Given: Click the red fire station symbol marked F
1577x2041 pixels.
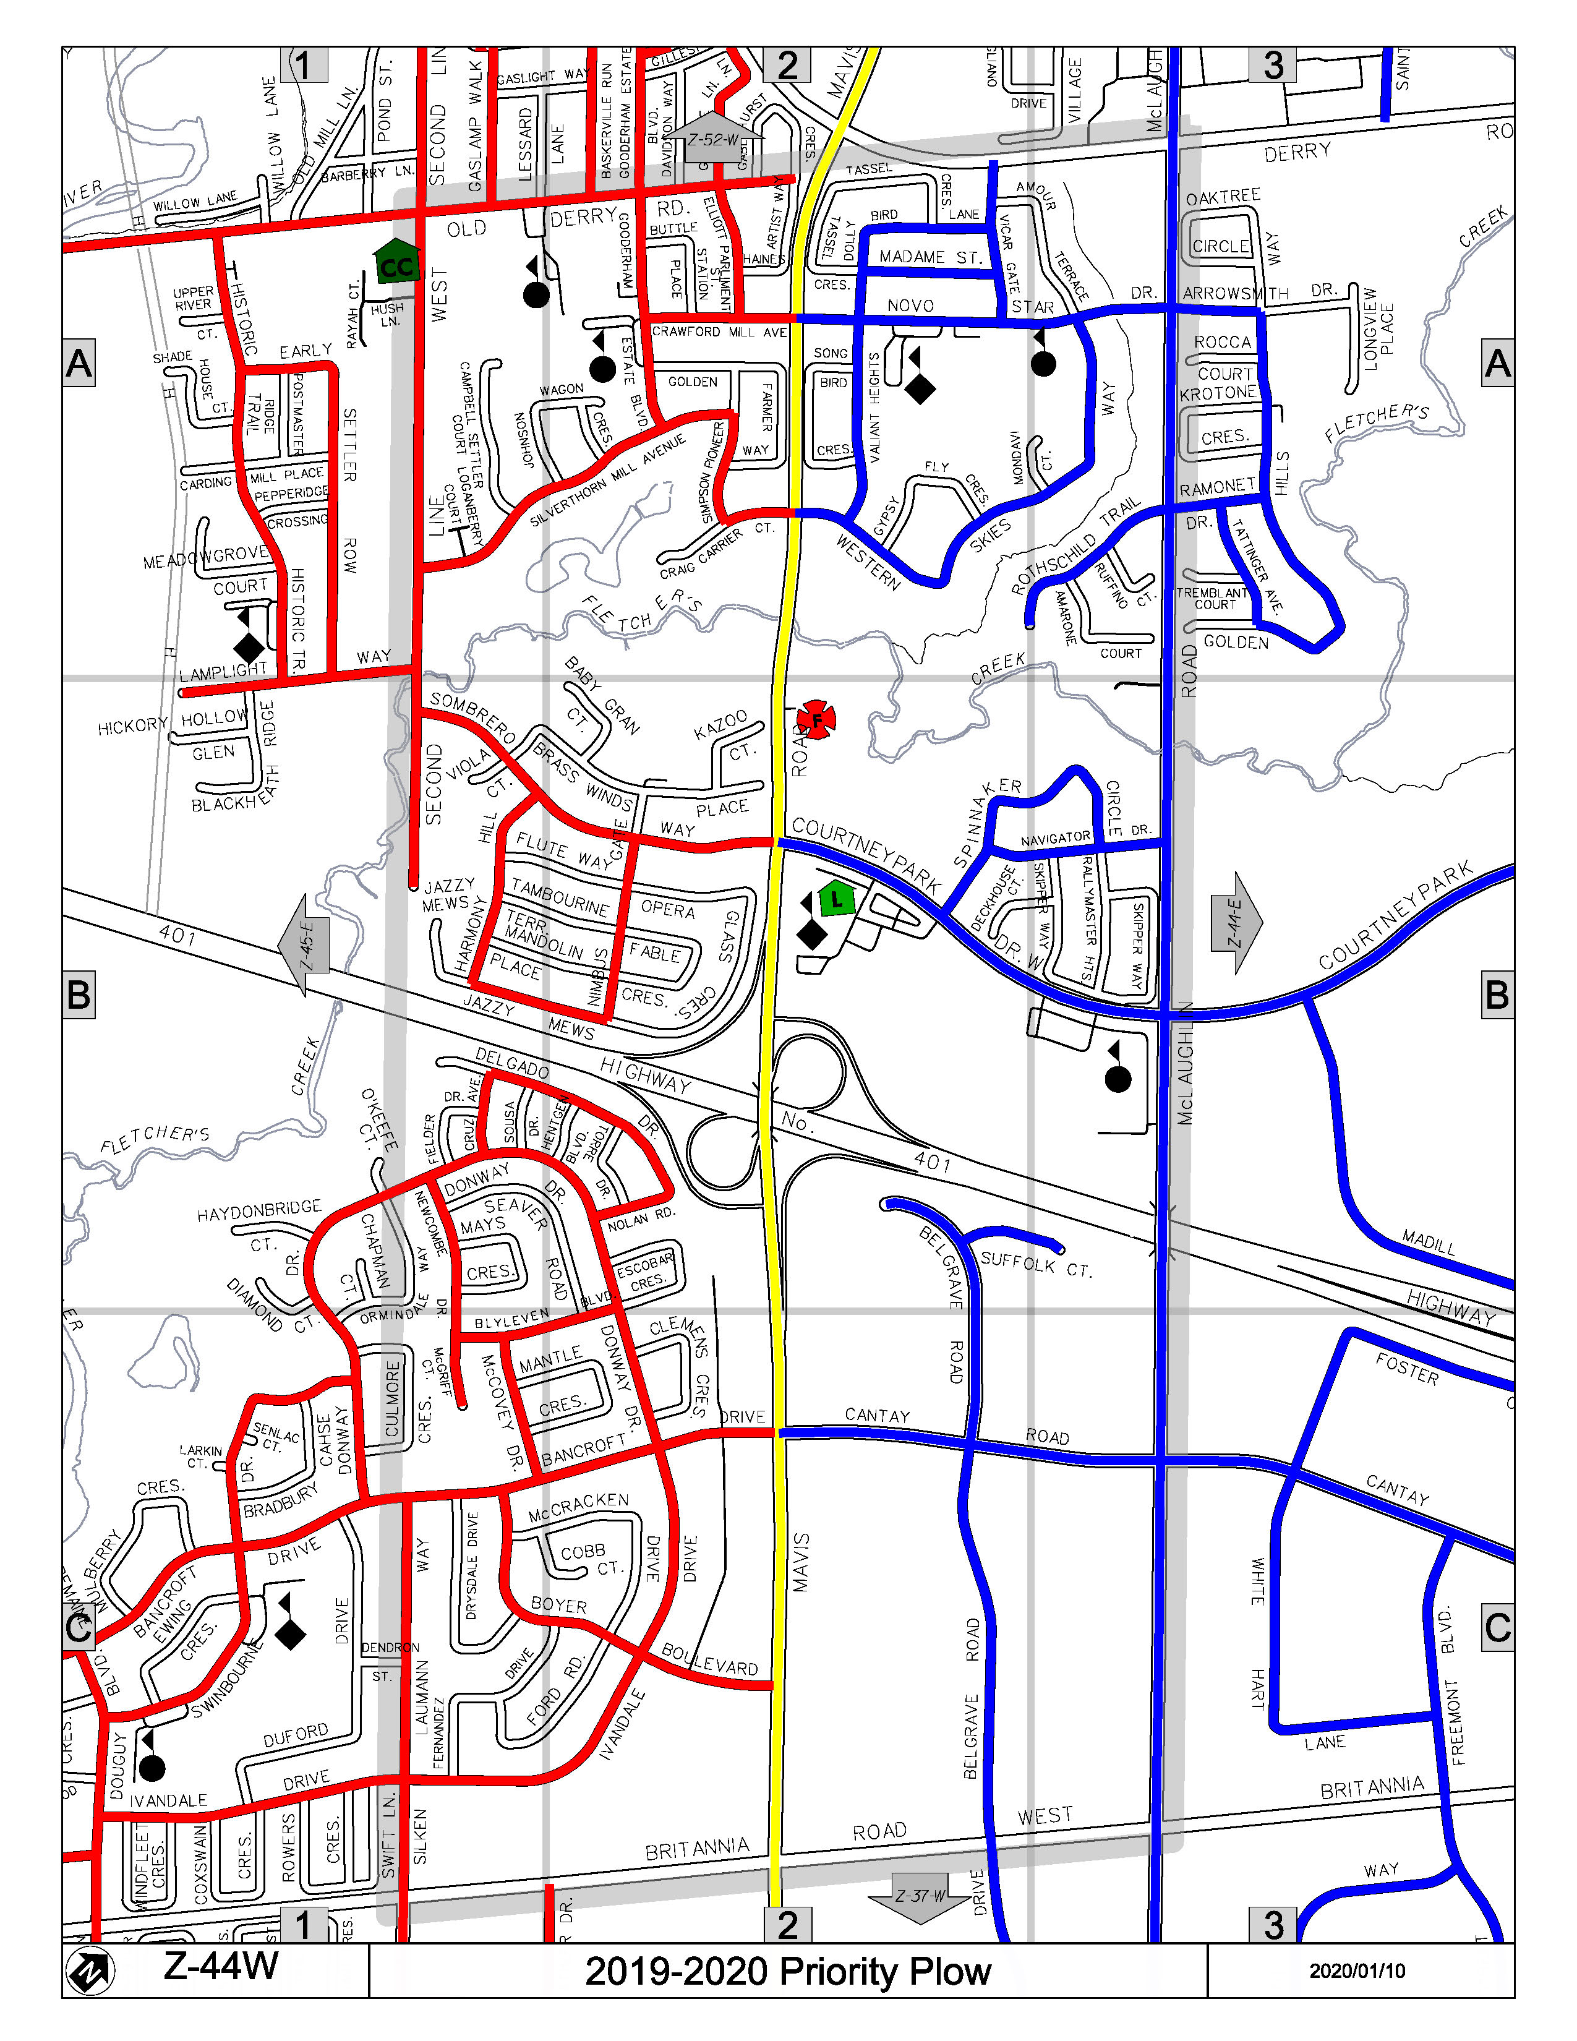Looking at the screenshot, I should click(816, 719).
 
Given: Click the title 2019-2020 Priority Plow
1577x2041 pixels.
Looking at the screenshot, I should click(787, 1971).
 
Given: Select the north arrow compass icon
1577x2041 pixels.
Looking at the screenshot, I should click(91, 1971).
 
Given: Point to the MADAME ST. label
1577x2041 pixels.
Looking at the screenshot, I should click(930, 257).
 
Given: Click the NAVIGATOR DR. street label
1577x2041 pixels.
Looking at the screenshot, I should click(1056, 838).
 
